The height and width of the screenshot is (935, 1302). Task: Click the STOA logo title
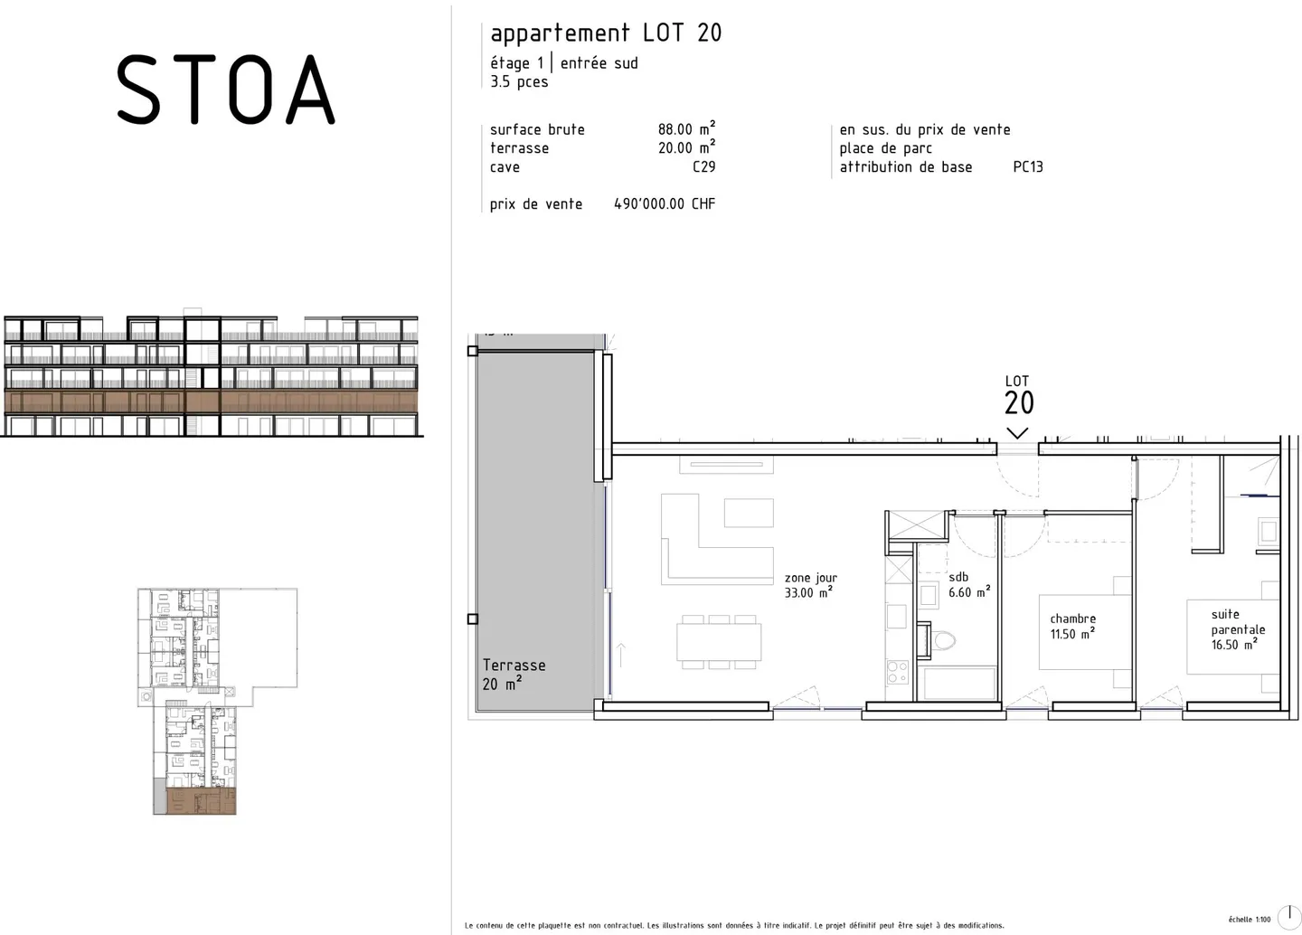point(225,89)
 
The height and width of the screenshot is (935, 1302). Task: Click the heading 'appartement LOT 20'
point(606,33)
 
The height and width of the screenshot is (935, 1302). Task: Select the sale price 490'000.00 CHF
point(665,204)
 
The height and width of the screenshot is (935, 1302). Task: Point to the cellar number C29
point(703,167)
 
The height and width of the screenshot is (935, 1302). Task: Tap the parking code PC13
point(1028,167)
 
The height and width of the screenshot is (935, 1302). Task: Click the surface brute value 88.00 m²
point(686,129)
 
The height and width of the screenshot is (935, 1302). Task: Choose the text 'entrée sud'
point(599,63)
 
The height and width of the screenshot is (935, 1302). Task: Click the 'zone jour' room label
point(810,578)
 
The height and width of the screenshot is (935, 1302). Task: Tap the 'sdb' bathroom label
point(958,577)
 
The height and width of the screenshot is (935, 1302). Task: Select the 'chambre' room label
point(1072,619)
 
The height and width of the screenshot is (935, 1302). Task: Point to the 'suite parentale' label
point(1238,622)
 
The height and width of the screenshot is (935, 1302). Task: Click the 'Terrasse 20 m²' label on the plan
point(514,675)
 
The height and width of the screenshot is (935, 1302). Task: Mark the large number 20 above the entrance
point(1019,403)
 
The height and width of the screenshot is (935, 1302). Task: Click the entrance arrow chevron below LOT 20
point(1017,433)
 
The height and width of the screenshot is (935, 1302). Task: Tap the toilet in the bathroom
point(943,641)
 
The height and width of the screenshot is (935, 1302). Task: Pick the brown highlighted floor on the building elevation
point(212,401)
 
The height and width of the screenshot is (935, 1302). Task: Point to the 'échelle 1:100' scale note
point(1249,920)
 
